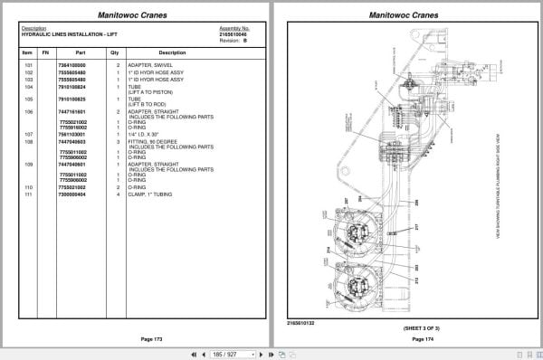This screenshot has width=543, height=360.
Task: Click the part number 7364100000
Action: coord(71,66)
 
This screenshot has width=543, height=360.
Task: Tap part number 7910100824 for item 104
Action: coord(71,88)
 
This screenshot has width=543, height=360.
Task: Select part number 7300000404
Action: coord(71,194)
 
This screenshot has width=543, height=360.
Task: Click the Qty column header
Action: coord(115,52)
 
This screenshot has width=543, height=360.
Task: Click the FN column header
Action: coord(44,52)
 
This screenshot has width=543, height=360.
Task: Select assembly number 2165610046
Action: coord(233,34)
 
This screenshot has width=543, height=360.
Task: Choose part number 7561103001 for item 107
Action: coord(71,135)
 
